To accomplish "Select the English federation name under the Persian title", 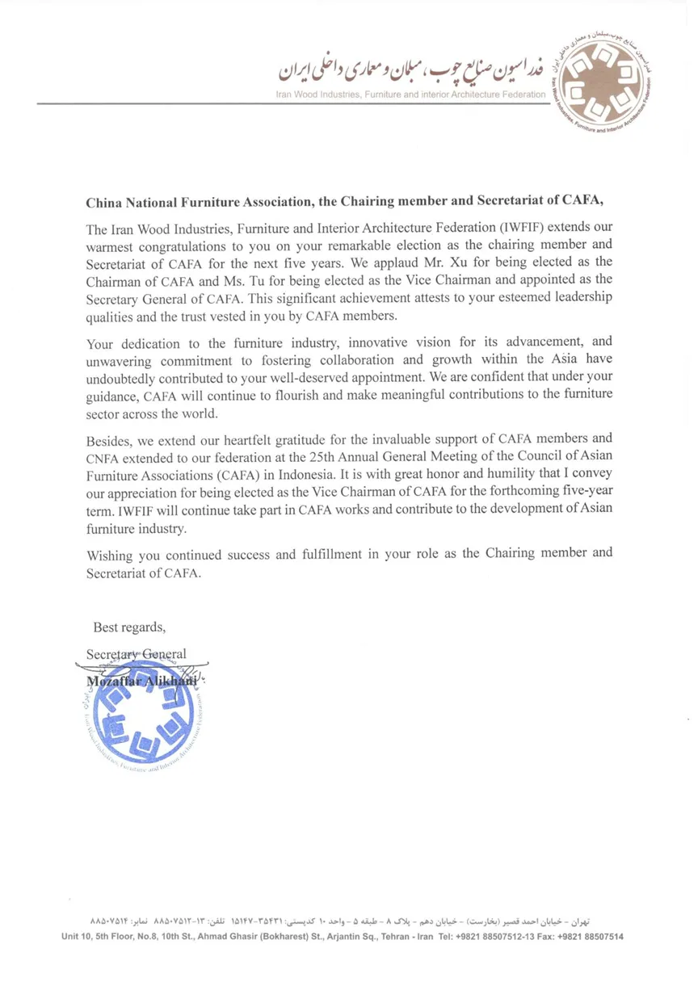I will [x=410, y=95].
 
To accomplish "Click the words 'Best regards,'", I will [x=129, y=627].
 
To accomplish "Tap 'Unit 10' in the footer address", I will [x=81, y=937].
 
